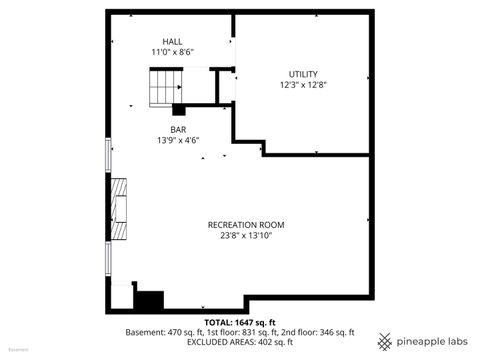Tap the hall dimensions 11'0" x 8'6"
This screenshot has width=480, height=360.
click(x=172, y=51)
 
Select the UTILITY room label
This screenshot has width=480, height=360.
click(x=303, y=74)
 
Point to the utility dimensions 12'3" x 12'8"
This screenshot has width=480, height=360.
click(x=303, y=85)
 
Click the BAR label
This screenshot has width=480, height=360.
click(x=178, y=129)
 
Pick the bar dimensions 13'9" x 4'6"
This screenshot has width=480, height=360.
click(x=179, y=140)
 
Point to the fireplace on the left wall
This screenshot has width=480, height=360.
click(x=120, y=208)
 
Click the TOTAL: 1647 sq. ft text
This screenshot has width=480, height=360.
click(x=239, y=322)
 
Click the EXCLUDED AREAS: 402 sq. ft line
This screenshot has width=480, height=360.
click(x=239, y=342)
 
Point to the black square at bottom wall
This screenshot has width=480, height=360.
click(x=149, y=300)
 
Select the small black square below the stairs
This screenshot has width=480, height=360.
click(x=179, y=109)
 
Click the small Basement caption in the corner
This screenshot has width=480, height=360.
click(x=18, y=351)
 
